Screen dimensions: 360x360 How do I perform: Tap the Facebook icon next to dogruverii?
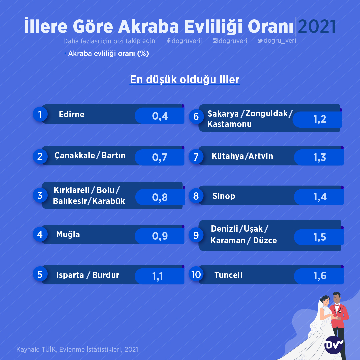[x=169, y=41]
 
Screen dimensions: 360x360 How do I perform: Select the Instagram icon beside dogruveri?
[x=215, y=41]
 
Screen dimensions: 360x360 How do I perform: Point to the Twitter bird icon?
[x=260, y=41]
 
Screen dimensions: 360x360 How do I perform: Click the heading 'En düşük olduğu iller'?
[x=185, y=79]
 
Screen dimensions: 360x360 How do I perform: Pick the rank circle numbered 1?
[x=40, y=114]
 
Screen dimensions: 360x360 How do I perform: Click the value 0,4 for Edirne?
[x=160, y=116]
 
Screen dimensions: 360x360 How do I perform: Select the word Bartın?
[x=113, y=155]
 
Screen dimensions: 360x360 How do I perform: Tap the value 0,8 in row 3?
[x=160, y=197]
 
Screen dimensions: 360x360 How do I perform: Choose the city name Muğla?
[x=68, y=234]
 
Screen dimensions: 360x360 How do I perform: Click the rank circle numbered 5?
[x=40, y=274]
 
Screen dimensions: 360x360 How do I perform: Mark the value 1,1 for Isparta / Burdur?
[x=157, y=276]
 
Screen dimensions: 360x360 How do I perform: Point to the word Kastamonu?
[x=230, y=124]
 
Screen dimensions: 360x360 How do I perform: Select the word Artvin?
[x=261, y=156]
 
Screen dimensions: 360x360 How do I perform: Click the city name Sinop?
[x=224, y=196]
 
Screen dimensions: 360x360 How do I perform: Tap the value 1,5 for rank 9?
[x=320, y=237]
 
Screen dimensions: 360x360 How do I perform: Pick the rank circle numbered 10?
[x=196, y=275]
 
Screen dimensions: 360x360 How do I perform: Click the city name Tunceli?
[x=228, y=275]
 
